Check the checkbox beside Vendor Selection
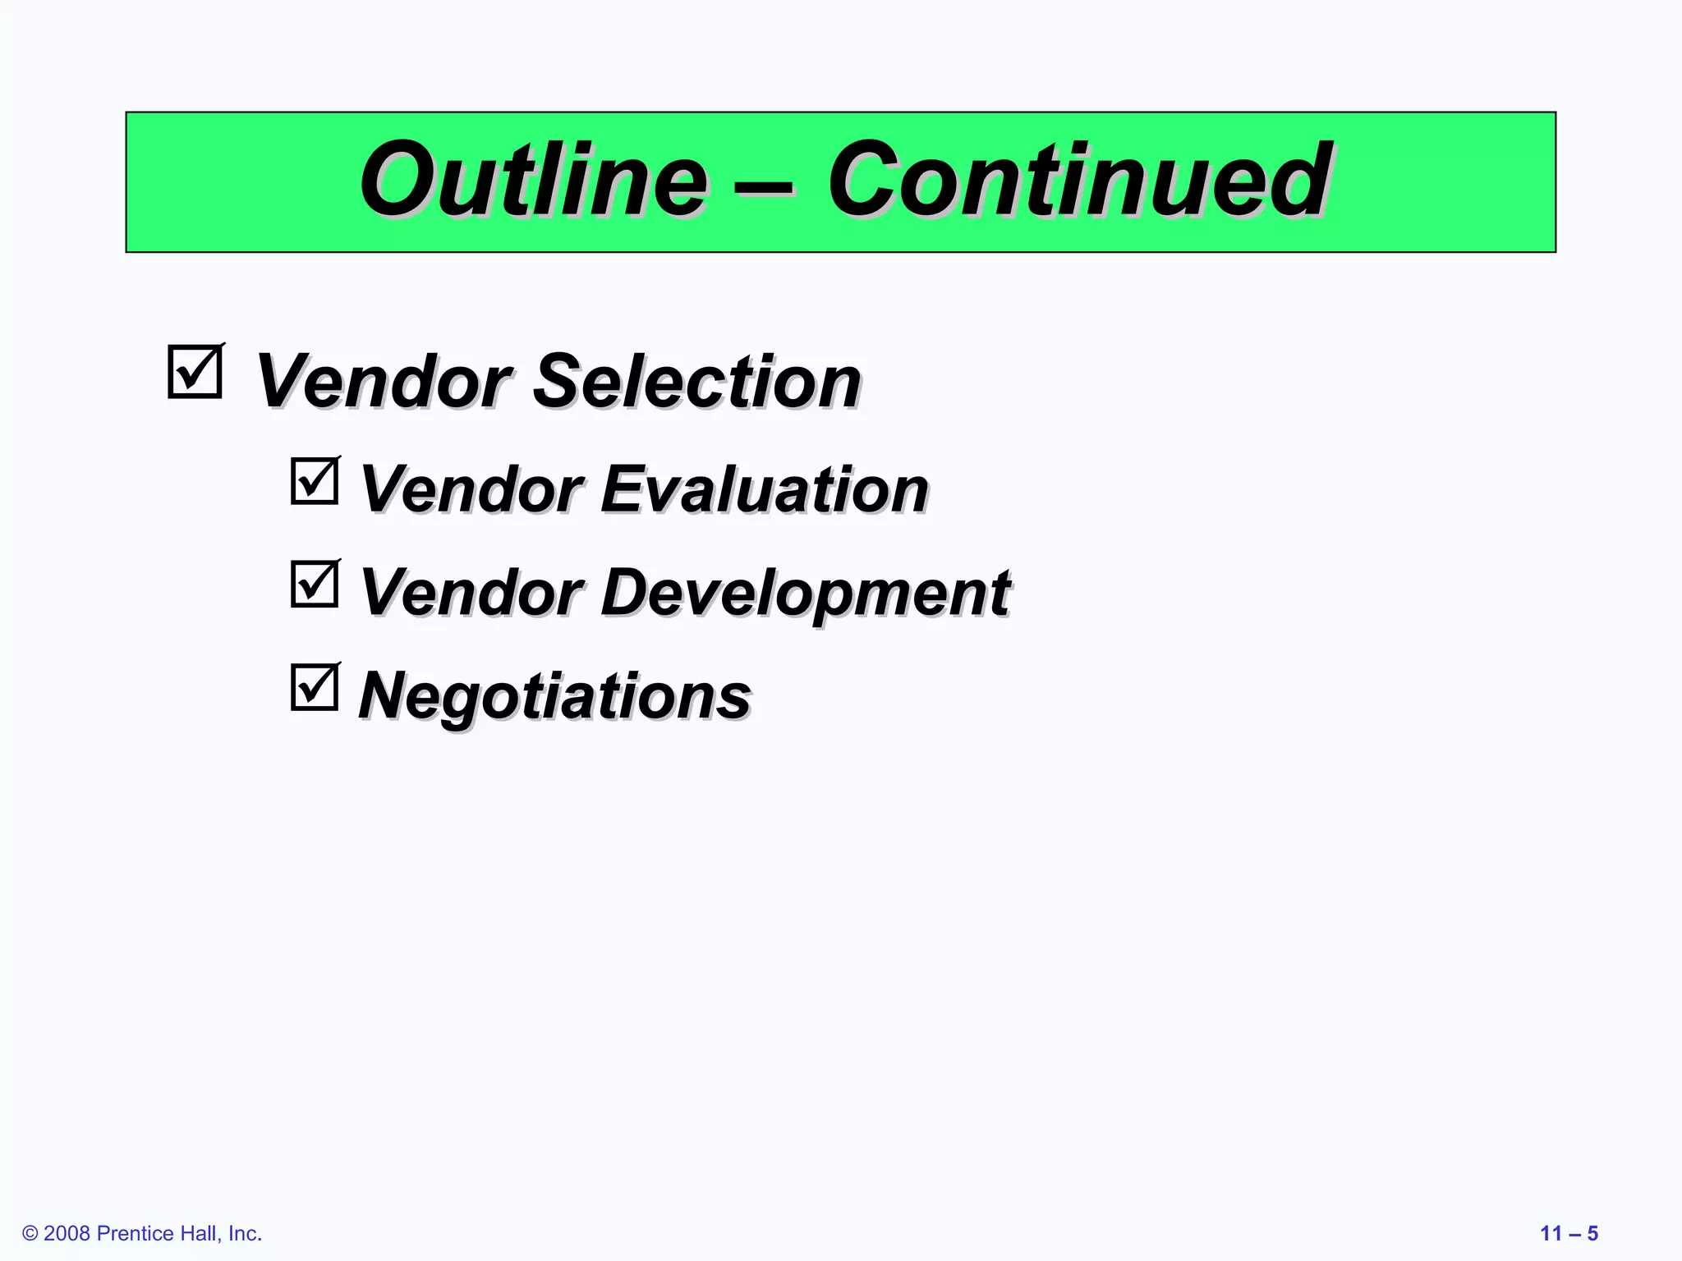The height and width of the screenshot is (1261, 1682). click(195, 372)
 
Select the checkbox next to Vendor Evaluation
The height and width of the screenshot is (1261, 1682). click(315, 481)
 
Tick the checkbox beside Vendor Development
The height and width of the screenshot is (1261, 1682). click(315, 584)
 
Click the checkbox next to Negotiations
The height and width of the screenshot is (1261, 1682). click(315, 687)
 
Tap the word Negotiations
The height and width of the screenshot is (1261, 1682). click(555, 696)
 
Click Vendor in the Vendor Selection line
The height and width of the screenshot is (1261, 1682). click(384, 381)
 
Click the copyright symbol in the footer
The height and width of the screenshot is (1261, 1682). click(30, 1234)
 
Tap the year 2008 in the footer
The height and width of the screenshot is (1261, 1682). click(67, 1234)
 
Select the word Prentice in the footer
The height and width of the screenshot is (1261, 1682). click(135, 1234)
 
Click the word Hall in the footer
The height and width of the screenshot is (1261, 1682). click(198, 1234)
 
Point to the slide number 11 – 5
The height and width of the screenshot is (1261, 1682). click(1569, 1234)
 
